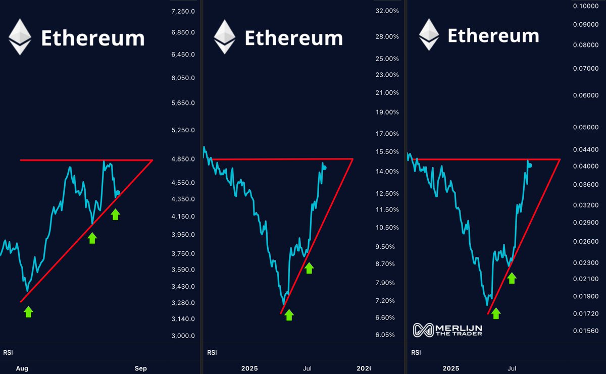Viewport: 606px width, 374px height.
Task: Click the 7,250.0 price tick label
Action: point(183,11)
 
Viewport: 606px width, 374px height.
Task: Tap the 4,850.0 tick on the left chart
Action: point(183,159)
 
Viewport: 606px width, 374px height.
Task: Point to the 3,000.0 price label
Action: point(183,336)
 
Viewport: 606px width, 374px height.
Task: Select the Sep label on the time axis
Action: point(141,368)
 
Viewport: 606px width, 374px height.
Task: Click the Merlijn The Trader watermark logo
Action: point(447,330)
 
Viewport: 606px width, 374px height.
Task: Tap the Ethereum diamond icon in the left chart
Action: point(20,37)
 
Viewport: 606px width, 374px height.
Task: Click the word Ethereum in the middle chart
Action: point(293,38)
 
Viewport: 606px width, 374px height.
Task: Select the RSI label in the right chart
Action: point(416,352)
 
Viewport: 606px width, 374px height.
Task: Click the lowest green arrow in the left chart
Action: point(28,312)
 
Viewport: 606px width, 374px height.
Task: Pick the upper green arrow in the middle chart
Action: point(309,268)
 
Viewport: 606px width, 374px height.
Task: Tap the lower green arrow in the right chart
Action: point(496,313)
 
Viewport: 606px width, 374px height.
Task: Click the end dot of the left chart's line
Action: point(118,193)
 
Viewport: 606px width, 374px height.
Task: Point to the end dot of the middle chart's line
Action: point(324,168)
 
